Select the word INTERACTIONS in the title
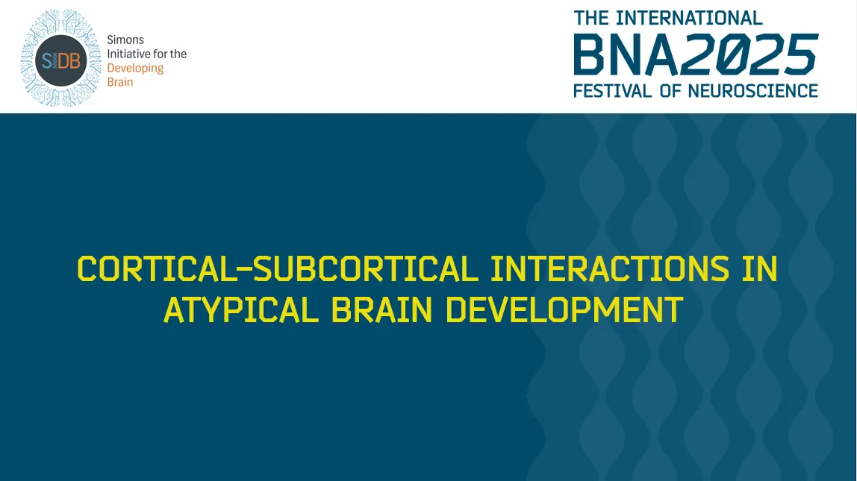pos(609,269)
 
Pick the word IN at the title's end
pos(760,269)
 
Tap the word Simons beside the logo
pos(125,40)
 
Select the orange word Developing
pos(135,68)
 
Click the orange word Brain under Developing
pos(120,82)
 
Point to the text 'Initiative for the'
pos(147,54)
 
